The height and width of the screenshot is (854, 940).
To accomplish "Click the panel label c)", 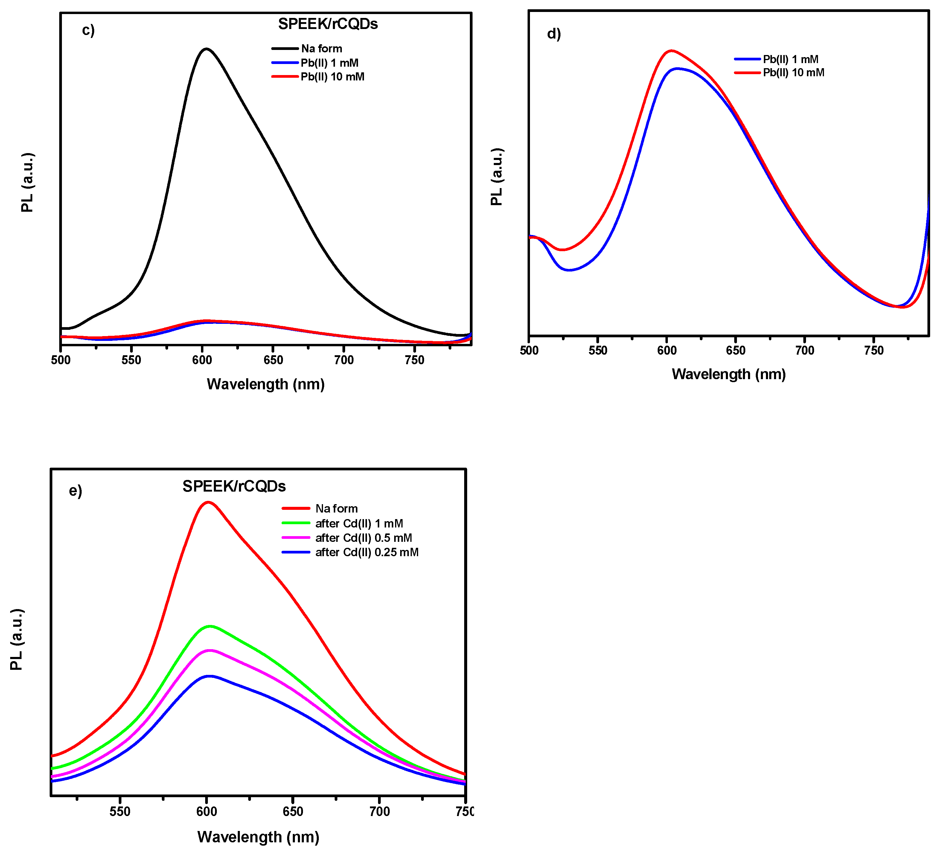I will coord(88,30).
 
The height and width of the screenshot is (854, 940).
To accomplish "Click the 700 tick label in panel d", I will coord(804,350).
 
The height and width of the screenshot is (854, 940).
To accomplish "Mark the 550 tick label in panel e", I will coord(120,812).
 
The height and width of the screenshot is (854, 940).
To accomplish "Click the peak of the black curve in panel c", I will coord(206,48).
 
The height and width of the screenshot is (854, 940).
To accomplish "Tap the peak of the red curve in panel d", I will coord(671,50).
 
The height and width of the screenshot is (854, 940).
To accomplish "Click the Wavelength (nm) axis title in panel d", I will coord(728,374).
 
